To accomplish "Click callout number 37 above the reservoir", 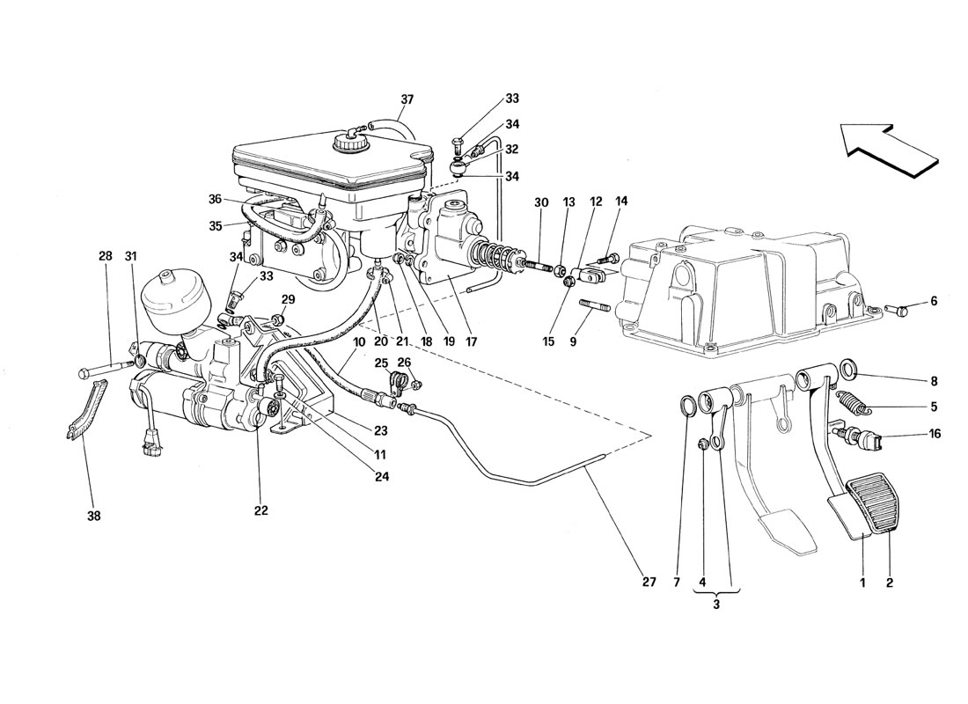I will tap(405, 99).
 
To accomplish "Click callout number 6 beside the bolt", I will tap(934, 301).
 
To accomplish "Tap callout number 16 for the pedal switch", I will tap(934, 434).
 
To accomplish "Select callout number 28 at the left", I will tap(106, 256).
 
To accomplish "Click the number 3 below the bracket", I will tap(715, 605).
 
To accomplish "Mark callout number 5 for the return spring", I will tap(934, 407).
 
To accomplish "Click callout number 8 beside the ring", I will tap(934, 382).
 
